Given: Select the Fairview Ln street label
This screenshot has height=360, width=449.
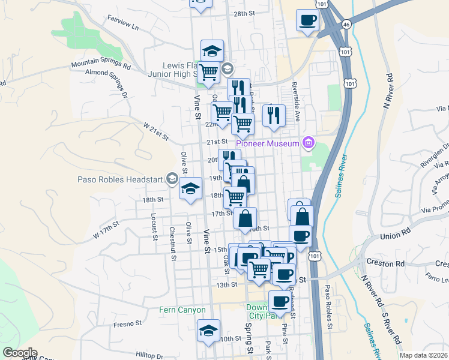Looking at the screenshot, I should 122,27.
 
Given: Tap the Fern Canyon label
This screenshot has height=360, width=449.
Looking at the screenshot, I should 182,310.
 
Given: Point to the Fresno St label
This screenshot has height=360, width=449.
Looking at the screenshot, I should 127,323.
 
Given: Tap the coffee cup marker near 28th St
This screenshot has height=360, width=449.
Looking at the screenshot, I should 307,20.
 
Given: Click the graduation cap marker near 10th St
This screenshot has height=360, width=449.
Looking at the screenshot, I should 208,331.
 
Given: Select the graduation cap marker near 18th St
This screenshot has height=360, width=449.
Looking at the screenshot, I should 190,190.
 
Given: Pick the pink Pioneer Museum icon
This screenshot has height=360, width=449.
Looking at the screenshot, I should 309,143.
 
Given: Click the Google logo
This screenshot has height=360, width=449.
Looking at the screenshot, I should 19,353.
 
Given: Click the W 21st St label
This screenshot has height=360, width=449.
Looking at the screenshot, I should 155,131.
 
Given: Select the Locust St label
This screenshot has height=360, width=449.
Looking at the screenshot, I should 154,227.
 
